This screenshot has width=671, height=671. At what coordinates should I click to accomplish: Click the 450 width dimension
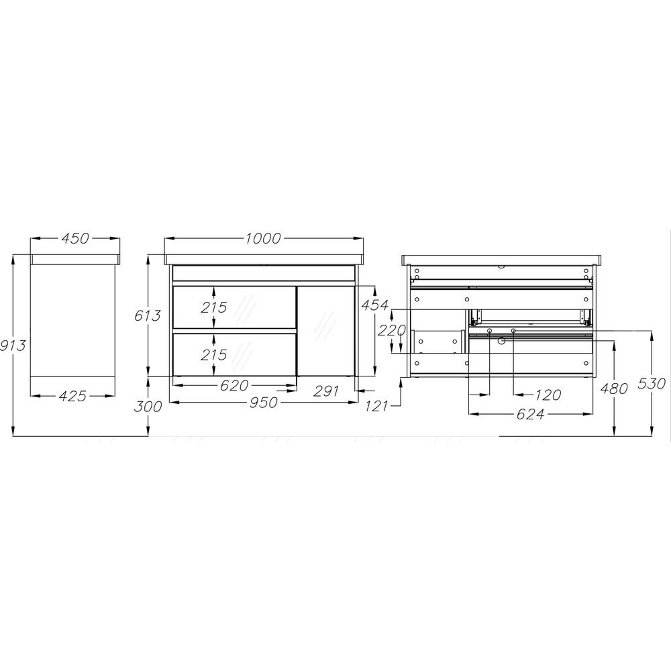coord(75,238)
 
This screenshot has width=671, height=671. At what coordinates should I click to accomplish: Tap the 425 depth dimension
coord(72,396)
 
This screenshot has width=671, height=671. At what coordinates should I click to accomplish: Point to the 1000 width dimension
coord(263,238)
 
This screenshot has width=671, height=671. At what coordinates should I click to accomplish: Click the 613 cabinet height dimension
coord(147,315)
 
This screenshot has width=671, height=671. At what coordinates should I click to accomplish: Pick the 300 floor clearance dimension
coord(148,406)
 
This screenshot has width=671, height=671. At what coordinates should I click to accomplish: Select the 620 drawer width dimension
coord(234,385)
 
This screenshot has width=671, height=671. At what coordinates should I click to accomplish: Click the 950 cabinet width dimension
coord(264,402)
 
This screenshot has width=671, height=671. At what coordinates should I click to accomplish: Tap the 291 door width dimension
coord(325,391)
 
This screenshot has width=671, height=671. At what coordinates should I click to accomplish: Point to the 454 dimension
coord(375,305)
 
